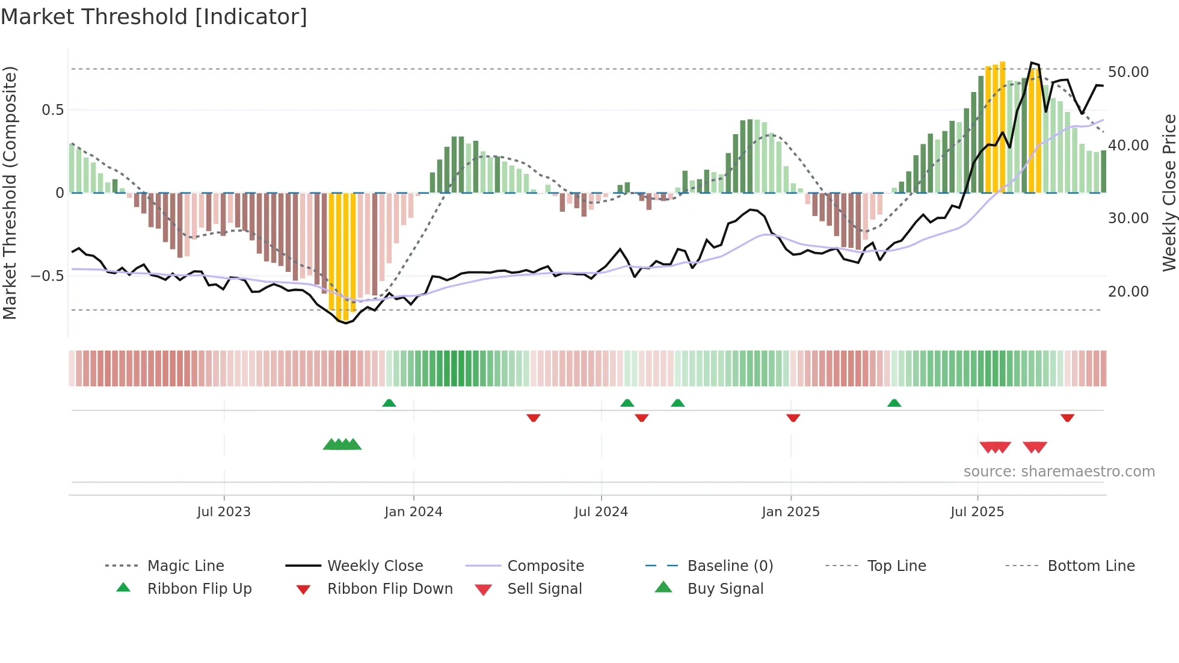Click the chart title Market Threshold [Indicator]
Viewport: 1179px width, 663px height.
tap(154, 17)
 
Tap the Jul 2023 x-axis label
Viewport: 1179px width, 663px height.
tap(224, 512)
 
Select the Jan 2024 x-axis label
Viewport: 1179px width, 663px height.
tap(413, 512)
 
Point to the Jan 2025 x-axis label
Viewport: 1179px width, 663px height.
tap(790, 512)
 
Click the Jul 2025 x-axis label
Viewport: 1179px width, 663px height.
tap(977, 512)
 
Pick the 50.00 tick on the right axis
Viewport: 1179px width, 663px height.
tap(1128, 72)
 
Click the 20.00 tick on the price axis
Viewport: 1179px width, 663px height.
tap(1128, 292)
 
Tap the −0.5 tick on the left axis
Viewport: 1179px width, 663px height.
tap(47, 276)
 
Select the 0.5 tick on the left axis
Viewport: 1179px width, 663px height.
tap(52, 110)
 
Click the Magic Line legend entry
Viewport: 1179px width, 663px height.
tap(185, 566)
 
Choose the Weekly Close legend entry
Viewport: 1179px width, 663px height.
tap(375, 566)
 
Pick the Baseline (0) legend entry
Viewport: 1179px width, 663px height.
tap(730, 566)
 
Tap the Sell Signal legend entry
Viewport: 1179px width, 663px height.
tap(544, 589)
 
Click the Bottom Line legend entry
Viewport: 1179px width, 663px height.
tap(1091, 566)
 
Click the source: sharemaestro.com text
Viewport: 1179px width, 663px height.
tap(1059, 472)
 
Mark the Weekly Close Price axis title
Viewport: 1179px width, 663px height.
tap(1169, 193)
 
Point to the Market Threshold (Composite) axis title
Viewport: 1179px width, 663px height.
tap(10, 193)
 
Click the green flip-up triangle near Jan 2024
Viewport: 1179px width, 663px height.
tap(389, 403)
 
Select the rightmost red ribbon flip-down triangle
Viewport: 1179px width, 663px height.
tap(1068, 418)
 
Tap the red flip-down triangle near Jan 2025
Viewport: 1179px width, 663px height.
tap(793, 418)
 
